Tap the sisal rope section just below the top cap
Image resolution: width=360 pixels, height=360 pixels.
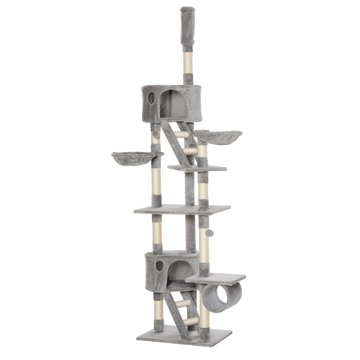click(188, 63)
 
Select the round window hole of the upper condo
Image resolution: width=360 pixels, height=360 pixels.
click(152, 98)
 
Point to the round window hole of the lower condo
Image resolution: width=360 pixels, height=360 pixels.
click(160, 266)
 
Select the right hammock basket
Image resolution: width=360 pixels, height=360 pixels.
click(218, 137)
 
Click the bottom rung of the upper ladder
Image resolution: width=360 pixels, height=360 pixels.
click(189, 151)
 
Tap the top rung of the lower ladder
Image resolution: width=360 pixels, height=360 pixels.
click(183, 303)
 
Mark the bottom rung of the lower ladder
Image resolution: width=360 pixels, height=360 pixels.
click(190, 321)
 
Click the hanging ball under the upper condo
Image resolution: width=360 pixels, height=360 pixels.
click(155, 135)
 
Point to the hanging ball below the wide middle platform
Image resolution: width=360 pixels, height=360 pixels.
click(209, 233)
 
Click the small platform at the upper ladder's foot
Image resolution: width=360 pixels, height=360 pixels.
click(197, 168)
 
